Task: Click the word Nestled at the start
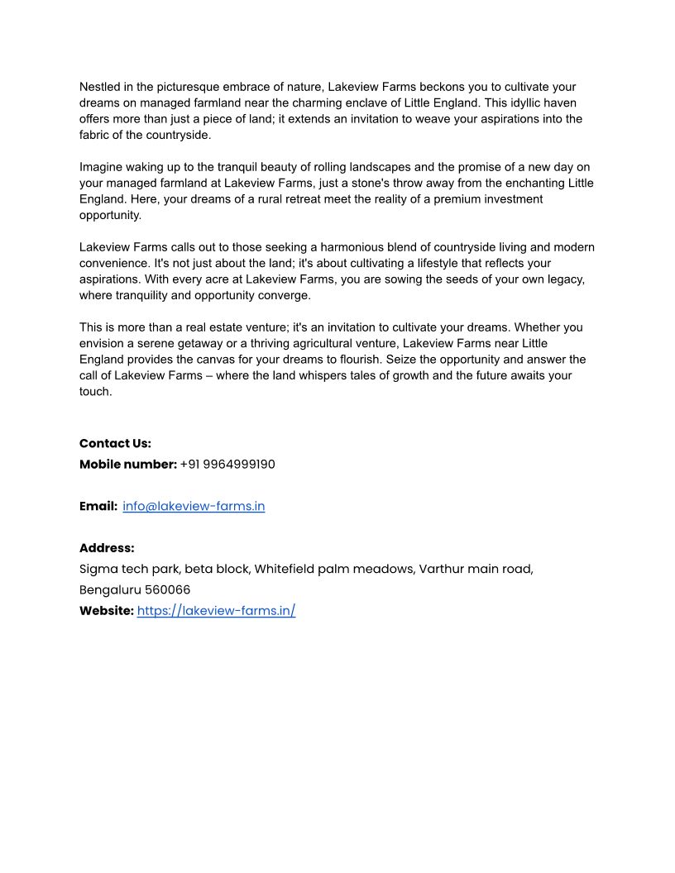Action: (99, 87)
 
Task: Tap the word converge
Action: (285, 295)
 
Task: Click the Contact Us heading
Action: (115, 444)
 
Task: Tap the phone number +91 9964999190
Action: (227, 465)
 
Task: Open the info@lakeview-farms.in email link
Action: (194, 506)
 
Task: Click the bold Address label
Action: (107, 548)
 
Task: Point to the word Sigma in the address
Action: (98, 569)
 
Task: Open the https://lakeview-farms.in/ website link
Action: (216, 611)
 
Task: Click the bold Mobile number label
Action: (128, 465)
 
